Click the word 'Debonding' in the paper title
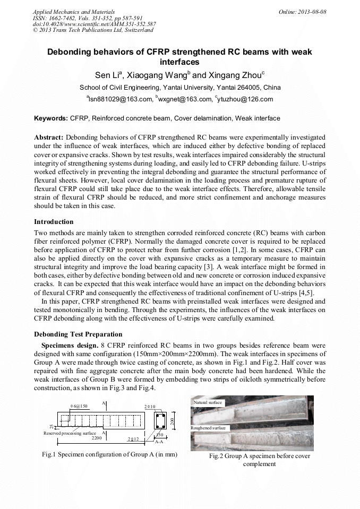[70, 52]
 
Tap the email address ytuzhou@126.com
[246, 99]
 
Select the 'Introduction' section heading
[54, 221]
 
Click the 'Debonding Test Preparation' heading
[78, 334]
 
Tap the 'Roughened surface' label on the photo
[208, 427]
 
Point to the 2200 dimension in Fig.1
[96, 438]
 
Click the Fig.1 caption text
[109, 454]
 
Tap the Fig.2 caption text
[260, 460]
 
